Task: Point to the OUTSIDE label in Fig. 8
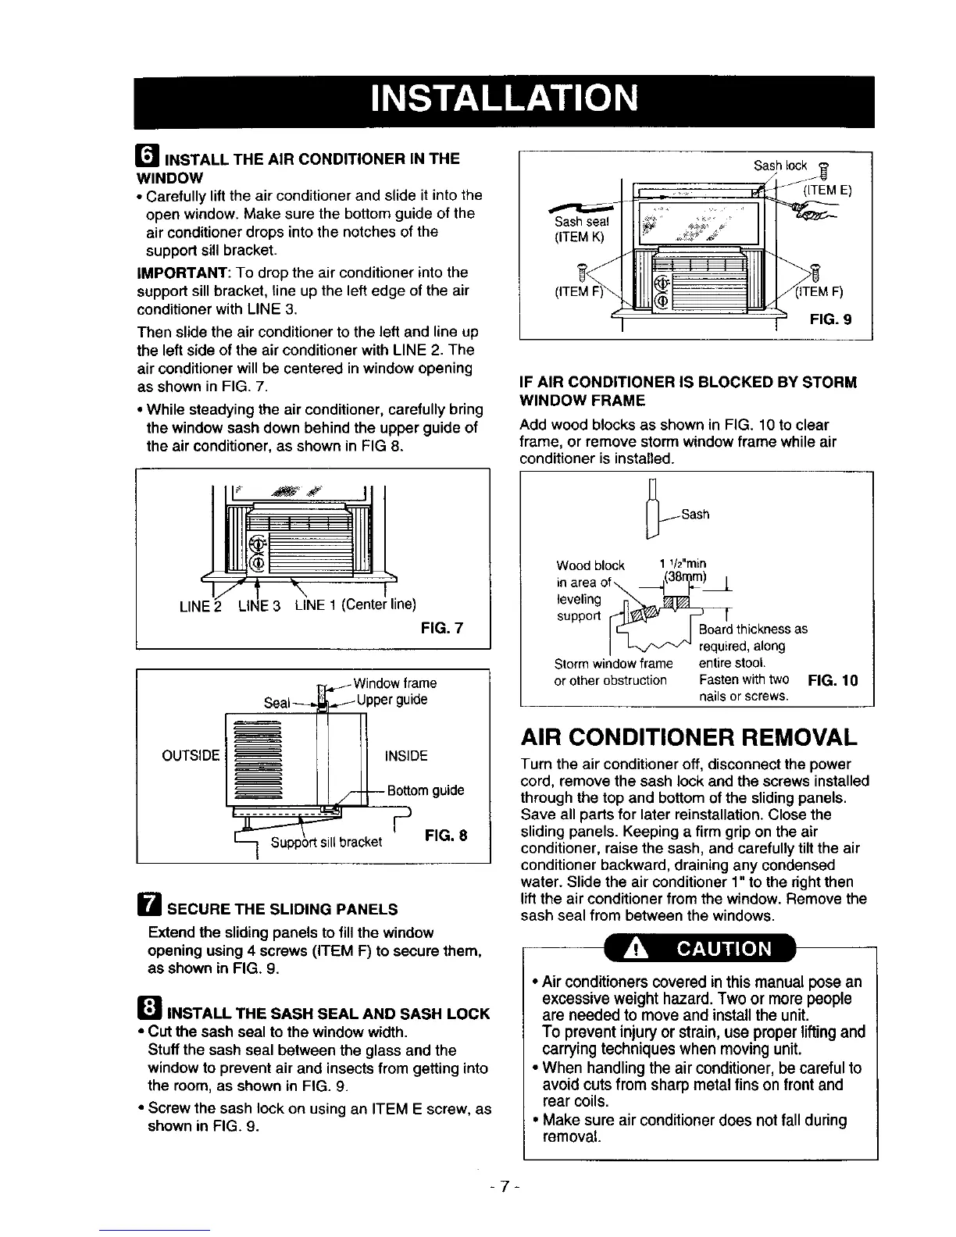191,756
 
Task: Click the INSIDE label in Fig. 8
406,756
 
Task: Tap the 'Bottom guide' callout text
426,790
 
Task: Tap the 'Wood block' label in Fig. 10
590,565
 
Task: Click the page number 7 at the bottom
505,1186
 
